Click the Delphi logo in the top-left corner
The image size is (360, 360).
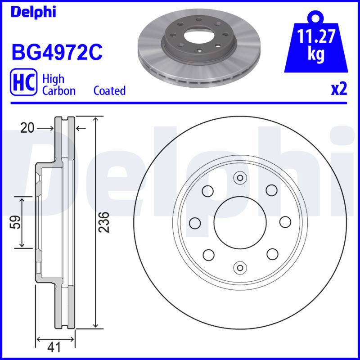click(33, 12)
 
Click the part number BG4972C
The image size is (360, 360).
click(57, 53)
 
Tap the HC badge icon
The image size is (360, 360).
click(23, 82)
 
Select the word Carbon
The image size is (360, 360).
click(59, 91)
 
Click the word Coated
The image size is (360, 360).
click(109, 90)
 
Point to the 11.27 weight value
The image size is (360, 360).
click(316, 36)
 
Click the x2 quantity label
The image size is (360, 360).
click(339, 89)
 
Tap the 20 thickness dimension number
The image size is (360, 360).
click(27, 128)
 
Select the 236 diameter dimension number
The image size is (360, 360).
click(103, 222)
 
